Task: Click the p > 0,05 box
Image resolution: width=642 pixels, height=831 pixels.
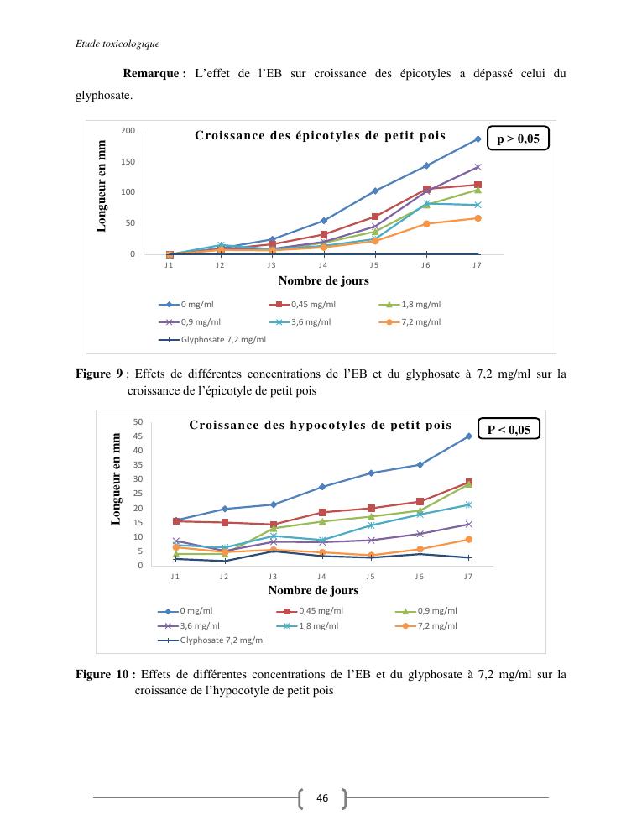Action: (518, 138)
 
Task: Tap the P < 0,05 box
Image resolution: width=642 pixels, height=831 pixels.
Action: (509, 430)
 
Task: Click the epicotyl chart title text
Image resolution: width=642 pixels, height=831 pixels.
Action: (320, 135)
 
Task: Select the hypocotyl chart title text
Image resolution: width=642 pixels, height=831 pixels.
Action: (320, 425)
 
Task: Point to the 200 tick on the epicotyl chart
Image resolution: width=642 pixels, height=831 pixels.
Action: (128, 131)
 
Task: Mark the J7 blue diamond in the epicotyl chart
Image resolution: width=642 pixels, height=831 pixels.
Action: (478, 138)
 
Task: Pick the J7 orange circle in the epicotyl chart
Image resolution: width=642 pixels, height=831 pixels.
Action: (478, 218)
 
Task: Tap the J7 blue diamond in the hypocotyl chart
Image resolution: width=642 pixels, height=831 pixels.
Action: (468, 436)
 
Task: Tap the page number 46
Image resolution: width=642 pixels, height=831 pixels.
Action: (321, 798)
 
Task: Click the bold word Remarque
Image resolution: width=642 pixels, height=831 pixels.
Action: (154, 74)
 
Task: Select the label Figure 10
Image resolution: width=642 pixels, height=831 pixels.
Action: (103, 674)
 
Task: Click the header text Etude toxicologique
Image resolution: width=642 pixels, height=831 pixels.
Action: (112, 44)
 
